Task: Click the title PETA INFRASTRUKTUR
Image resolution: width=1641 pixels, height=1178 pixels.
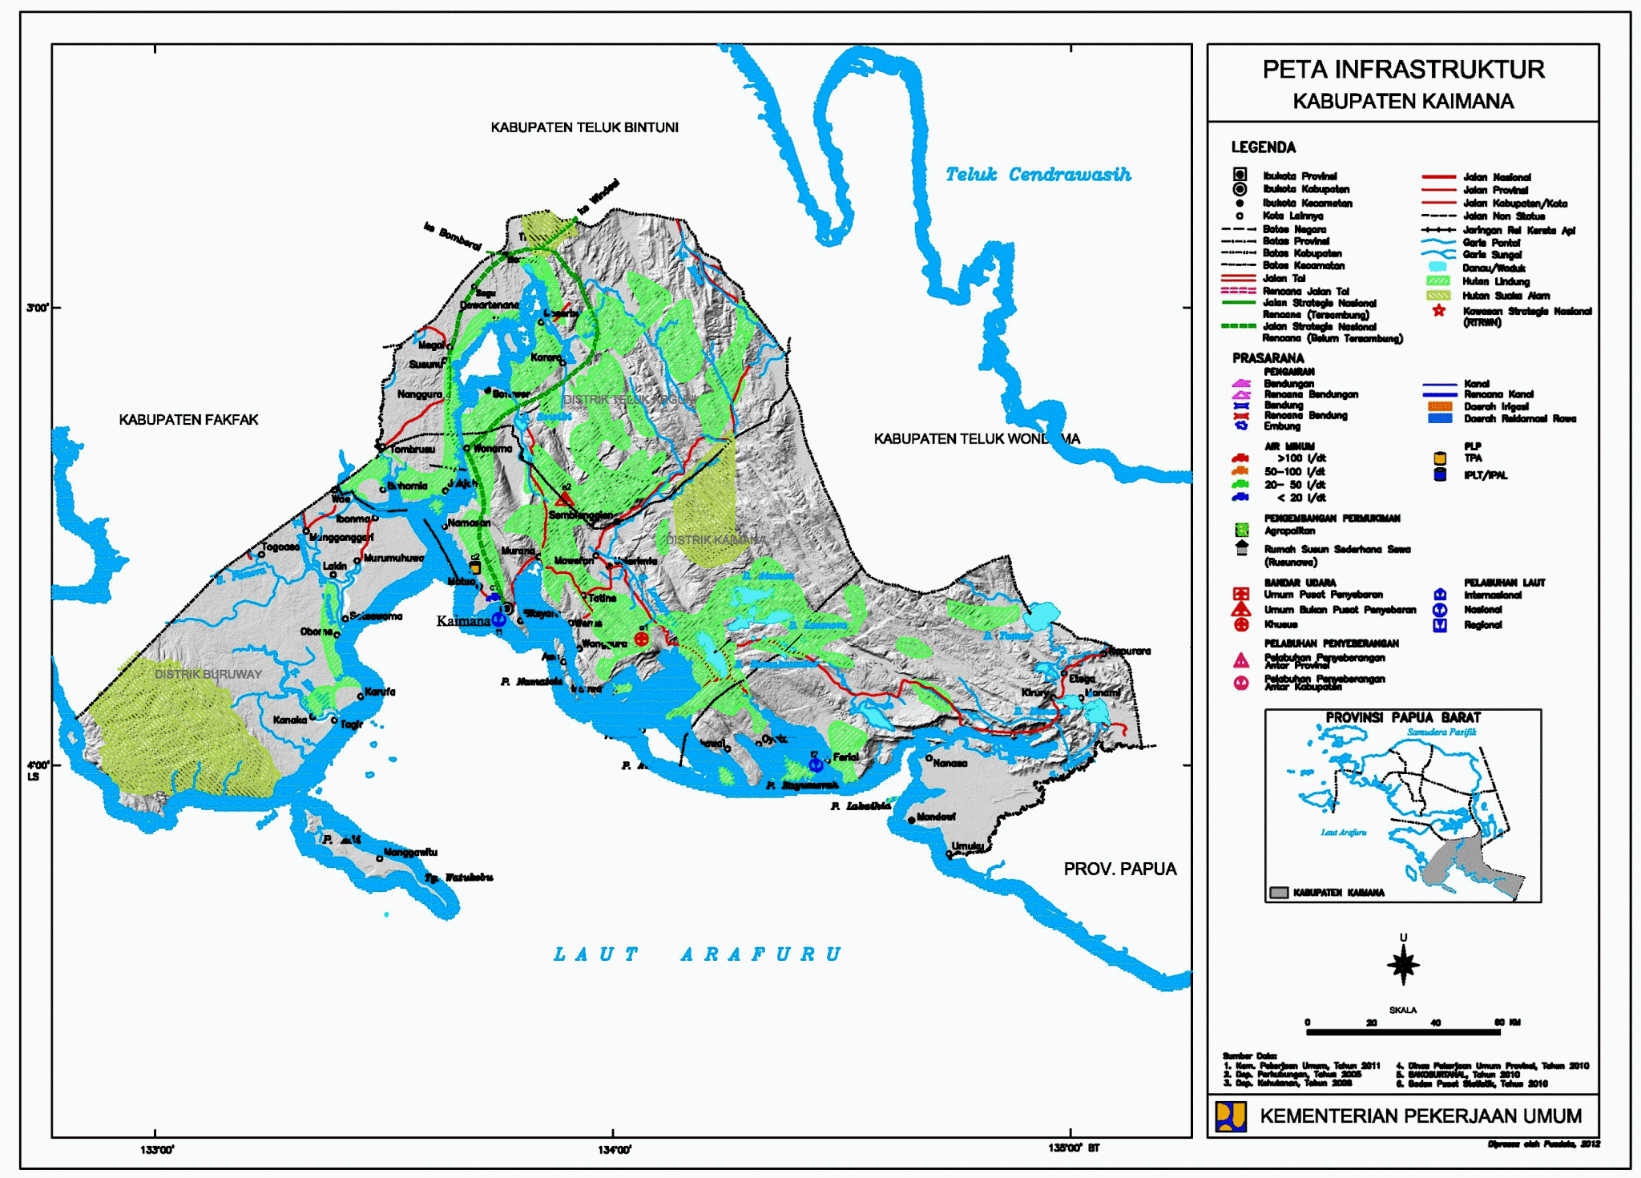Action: tap(1403, 70)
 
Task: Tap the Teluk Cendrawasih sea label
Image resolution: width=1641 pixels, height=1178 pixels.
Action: tap(1038, 175)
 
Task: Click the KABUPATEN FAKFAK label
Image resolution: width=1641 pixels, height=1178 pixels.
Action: tap(188, 420)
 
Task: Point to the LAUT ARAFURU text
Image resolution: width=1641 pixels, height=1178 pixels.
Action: tap(697, 954)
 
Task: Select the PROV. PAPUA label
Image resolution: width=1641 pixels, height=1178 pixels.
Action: tap(1119, 869)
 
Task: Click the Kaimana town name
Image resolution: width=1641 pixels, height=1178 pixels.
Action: tap(463, 621)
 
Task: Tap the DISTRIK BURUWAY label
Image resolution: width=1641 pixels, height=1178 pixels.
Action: tap(208, 674)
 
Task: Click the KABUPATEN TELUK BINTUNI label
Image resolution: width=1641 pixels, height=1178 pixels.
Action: tap(584, 127)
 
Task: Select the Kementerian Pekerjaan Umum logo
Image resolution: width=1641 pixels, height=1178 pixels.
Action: tap(1231, 1116)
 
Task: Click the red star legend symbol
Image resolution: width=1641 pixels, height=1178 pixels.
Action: tap(1439, 311)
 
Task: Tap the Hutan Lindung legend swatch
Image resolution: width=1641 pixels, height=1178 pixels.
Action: tap(1439, 281)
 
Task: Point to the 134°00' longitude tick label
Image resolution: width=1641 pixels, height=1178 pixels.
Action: tap(615, 1150)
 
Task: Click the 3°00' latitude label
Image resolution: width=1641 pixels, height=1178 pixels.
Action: tap(38, 308)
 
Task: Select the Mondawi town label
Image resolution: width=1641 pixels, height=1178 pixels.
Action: tap(935, 817)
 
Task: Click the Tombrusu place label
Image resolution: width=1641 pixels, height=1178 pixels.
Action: tap(412, 450)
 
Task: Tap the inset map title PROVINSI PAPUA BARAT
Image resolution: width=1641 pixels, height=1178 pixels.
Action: tap(1402, 717)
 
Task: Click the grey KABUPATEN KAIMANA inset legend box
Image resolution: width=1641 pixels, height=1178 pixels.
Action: tap(1279, 893)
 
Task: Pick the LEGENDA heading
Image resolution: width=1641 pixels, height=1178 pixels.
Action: tap(1263, 147)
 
